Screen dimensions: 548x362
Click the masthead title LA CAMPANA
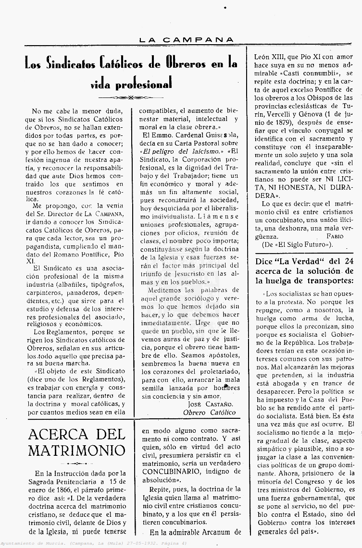tap(187, 40)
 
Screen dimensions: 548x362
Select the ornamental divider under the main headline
tap(131, 97)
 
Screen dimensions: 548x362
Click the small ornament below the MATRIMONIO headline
tap(76, 463)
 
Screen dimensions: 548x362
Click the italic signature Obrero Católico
tap(210, 412)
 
